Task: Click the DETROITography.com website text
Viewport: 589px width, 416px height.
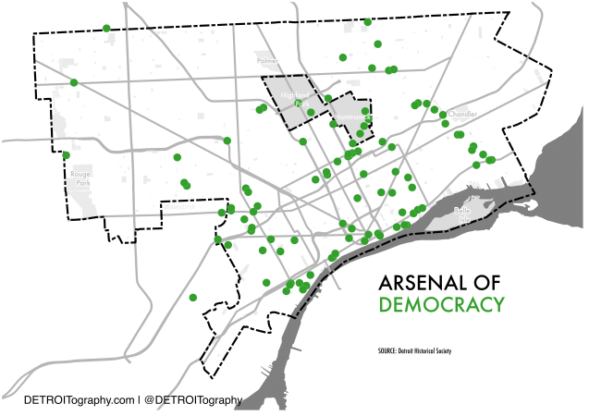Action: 80,400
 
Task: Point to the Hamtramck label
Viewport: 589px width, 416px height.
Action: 352,116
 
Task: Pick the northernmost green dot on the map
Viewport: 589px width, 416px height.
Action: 368,21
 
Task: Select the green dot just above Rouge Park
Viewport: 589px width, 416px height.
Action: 67,155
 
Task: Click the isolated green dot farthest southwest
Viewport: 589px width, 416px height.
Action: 193,298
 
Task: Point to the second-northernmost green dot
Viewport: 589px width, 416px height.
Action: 106,28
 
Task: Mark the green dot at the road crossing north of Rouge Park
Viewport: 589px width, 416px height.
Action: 74,83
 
